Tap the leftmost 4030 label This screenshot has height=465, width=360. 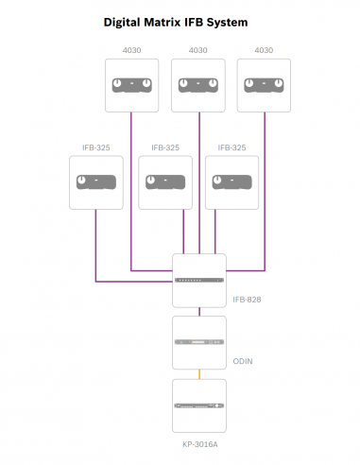tap(131, 49)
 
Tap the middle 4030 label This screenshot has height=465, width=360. tap(198, 49)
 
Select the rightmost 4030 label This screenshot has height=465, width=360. tap(264, 49)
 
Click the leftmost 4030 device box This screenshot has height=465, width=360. tap(131, 86)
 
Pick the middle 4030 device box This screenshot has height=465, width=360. tap(198, 86)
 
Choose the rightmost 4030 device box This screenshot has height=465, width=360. tap(264, 86)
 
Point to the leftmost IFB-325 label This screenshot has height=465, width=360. tap(97, 147)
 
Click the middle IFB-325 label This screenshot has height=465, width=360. tap(165, 147)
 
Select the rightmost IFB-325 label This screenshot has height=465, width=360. tap(231, 147)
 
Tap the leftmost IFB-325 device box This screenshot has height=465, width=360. tap(97, 182)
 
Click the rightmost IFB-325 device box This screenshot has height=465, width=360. tap(231, 182)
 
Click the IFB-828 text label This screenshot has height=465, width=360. tap(247, 300)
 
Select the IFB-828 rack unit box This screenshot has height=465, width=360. tap(199, 281)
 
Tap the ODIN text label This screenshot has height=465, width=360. tap(243, 362)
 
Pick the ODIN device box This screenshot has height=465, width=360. tap(199, 342)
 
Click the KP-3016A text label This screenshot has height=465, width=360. tap(199, 442)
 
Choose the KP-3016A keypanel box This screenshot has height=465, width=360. tap(199, 405)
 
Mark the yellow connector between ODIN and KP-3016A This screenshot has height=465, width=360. tap(199, 373)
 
